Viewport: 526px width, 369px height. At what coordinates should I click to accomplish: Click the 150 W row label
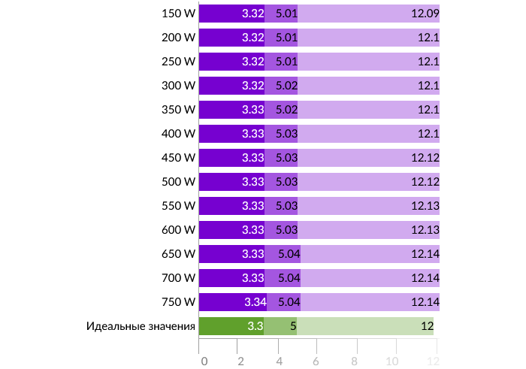tap(178, 14)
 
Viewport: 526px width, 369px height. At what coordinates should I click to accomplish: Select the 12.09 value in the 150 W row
tap(425, 14)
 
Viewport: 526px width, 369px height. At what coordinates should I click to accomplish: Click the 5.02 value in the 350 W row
tap(286, 110)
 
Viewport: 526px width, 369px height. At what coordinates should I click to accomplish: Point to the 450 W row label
tap(178, 158)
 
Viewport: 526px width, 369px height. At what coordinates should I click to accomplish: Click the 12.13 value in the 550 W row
tap(425, 206)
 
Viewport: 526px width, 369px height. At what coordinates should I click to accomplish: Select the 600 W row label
tap(178, 230)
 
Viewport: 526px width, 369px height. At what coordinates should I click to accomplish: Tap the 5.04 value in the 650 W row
tap(289, 254)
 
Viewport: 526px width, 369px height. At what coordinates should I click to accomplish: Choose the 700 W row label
tap(178, 278)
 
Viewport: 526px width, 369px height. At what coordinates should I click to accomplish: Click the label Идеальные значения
tap(141, 326)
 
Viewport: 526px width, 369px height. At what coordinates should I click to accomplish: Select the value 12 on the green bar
tap(427, 326)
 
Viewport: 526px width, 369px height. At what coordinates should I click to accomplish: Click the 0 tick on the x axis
tap(204, 361)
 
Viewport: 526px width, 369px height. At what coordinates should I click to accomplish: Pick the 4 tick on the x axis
tap(279, 361)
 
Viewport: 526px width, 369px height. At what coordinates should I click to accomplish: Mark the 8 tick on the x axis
tap(355, 361)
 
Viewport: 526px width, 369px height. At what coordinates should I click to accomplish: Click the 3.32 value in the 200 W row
tap(252, 38)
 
